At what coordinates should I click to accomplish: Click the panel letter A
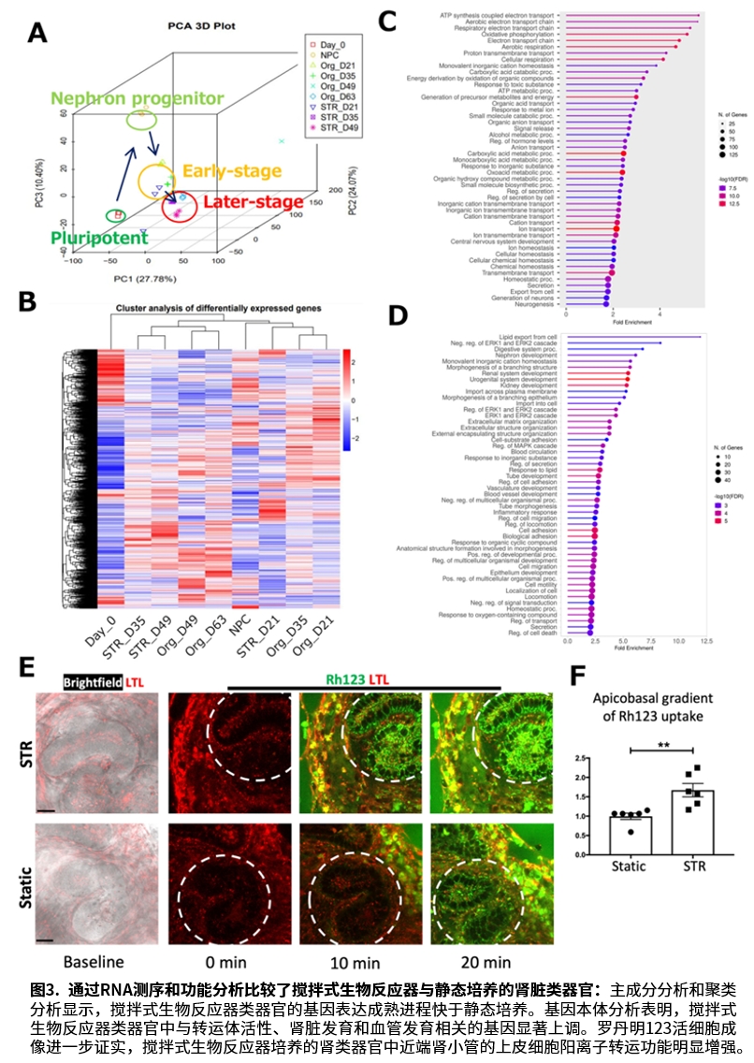tap(37, 34)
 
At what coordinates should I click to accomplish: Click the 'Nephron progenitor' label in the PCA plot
tap(138, 98)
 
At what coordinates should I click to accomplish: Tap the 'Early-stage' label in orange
tap(231, 171)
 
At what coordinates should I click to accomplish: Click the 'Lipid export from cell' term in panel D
tap(528, 336)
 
